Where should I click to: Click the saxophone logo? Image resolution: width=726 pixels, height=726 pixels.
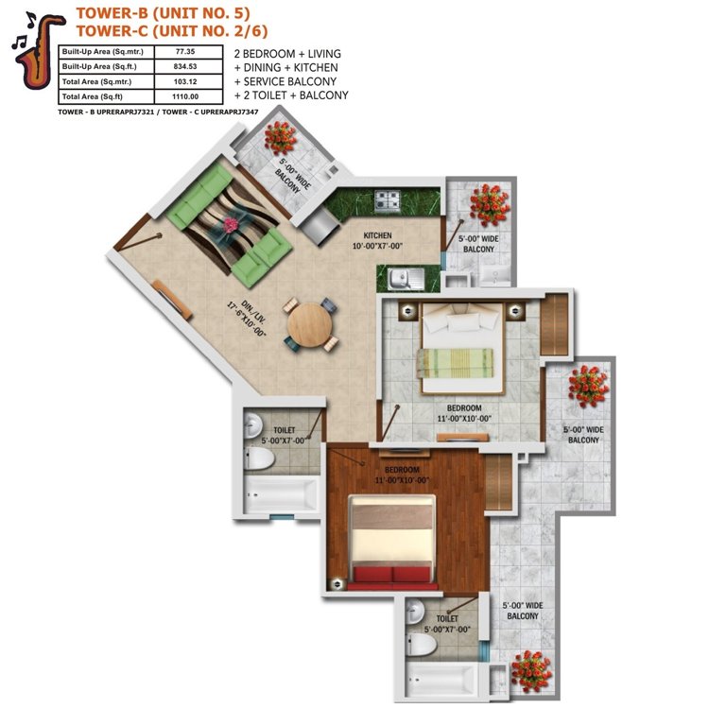pyautogui.click(x=38, y=51)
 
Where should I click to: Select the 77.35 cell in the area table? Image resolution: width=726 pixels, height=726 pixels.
pyautogui.click(x=185, y=51)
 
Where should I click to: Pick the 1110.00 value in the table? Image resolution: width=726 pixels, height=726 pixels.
pyautogui.click(x=185, y=96)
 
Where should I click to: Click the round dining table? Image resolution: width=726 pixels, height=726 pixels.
pyautogui.click(x=309, y=325)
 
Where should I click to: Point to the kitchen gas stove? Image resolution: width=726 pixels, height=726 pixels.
pyautogui.click(x=388, y=201)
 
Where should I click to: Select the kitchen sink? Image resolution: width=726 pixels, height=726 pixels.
pyautogui.click(x=406, y=279)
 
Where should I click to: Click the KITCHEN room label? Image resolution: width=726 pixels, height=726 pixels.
pyautogui.click(x=377, y=235)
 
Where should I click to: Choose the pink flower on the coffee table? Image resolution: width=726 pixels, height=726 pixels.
pyautogui.click(x=231, y=225)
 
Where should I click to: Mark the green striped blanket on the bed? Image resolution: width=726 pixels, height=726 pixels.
pyautogui.click(x=455, y=363)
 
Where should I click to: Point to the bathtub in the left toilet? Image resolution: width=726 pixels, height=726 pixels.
pyautogui.click(x=281, y=495)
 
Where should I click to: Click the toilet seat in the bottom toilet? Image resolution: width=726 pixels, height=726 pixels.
pyautogui.click(x=421, y=645)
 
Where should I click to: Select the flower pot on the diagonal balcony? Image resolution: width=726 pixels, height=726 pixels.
pyautogui.click(x=280, y=137)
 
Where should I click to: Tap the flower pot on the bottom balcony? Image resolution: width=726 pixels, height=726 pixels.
pyautogui.click(x=531, y=671)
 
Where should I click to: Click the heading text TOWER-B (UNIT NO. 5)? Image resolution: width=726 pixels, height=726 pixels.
pyautogui.click(x=163, y=12)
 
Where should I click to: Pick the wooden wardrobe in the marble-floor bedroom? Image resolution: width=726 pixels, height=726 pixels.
pyautogui.click(x=554, y=324)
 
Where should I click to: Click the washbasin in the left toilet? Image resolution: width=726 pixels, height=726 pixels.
pyautogui.click(x=252, y=425)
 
